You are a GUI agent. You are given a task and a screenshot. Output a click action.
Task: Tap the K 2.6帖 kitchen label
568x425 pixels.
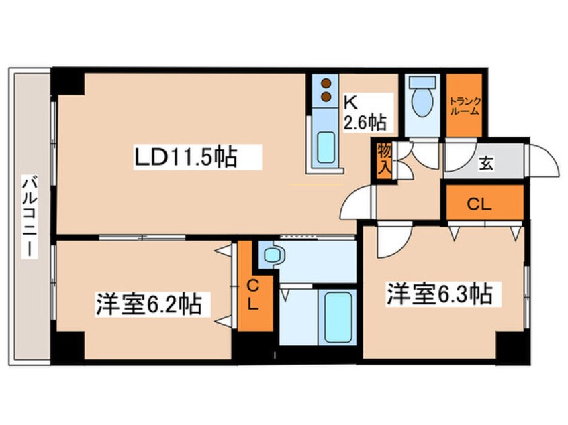364,113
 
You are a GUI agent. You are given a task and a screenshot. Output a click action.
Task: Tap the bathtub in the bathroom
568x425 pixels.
336,315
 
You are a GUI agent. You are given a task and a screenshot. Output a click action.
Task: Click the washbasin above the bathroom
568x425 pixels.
273,255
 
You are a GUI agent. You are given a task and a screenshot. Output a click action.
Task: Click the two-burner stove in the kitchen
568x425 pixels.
326,90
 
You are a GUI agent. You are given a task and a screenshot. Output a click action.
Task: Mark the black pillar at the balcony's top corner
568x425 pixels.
68,81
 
